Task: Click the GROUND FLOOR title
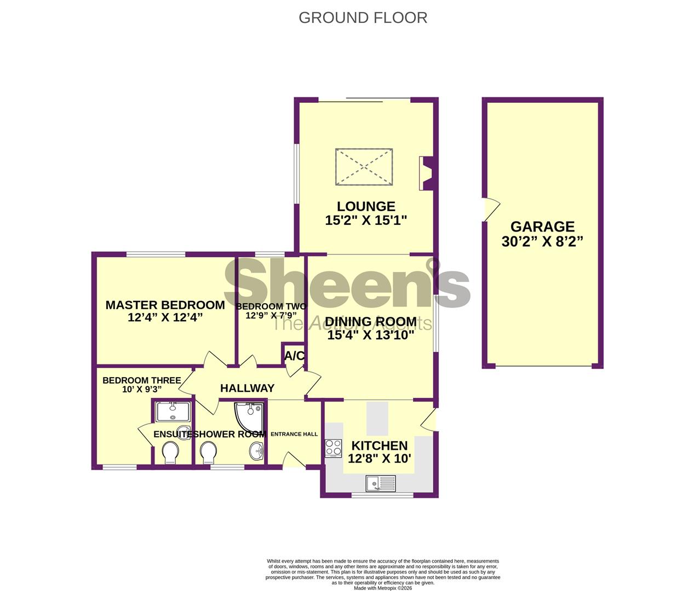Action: click(x=363, y=18)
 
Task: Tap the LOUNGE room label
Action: click(x=366, y=206)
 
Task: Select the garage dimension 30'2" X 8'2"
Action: click(x=542, y=241)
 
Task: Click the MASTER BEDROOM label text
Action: click(x=165, y=305)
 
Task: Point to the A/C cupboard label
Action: click(x=294, y=356)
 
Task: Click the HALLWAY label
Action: click(x=247, y=388)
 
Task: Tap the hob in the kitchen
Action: click(x=334, y=448)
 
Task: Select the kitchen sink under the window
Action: click(x=381, y=483)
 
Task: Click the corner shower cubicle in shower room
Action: click(x=248, y=416)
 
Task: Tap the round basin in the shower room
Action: click(x=256, y=451)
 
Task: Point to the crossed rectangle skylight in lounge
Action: click(x=364, y=166)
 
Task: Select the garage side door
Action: click(x=491, y=210)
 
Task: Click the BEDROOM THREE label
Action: click(x=141, y=380)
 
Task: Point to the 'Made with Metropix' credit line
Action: click(x=382, y=588)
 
